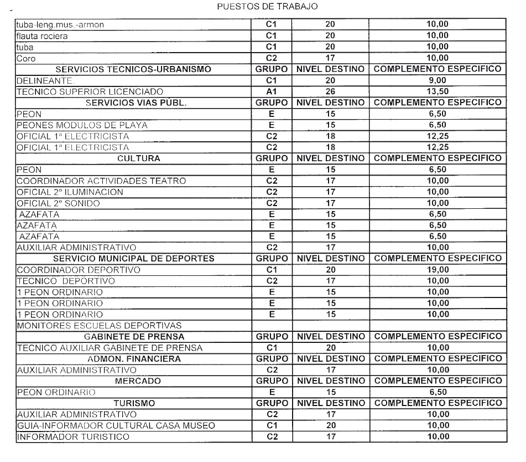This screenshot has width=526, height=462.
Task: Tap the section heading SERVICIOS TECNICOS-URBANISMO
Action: [134, 69]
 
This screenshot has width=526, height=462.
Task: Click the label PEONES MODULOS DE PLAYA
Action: [82, 125]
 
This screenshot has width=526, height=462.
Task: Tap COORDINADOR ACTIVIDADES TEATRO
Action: [101, 181]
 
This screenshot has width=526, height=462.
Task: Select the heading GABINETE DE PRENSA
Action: [134, 336]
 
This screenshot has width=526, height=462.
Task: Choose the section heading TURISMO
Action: [134, 403]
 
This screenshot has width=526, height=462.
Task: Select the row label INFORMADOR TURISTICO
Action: [74, 437]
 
